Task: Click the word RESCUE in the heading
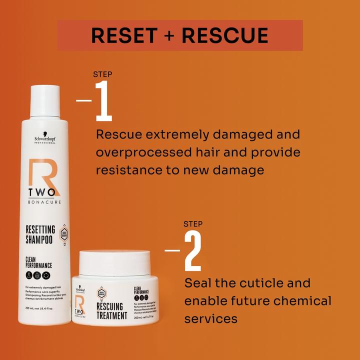pyautogui.click(x=225, y=35)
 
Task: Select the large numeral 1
pyautogui.click(x=103, y=103)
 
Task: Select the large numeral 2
pyautogui.click(x=192, y=252)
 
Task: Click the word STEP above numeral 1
pyautogui.click(x=102, y=74)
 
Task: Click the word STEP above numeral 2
pyautogui.click(x=193, y=223)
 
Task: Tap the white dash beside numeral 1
pyautogui.click(x=83, y=100)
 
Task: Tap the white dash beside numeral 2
pyautogui.click(x=172, y=250)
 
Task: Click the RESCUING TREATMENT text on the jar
pyautogui.click(x=111, y=310)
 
